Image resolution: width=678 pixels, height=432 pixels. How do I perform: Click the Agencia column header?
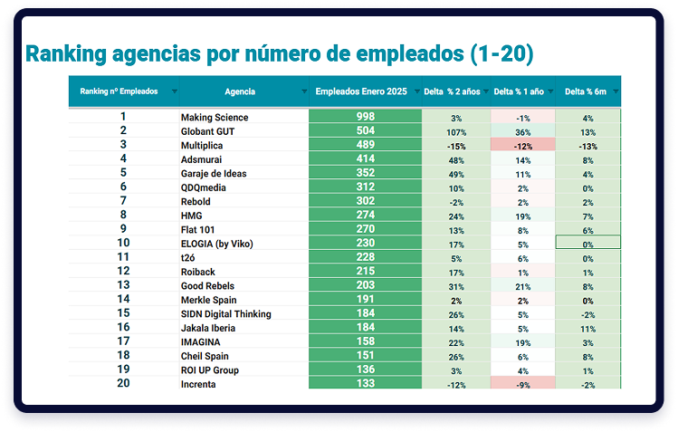[239, 91]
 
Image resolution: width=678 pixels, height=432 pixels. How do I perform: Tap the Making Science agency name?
[215, 118]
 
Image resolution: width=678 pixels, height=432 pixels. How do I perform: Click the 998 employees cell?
[365, 117]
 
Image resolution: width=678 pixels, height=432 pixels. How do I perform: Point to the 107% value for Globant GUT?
[456, 131]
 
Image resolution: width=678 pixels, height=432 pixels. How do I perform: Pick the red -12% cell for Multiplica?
[522, 146]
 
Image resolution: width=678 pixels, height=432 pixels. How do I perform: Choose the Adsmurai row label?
[203, 160]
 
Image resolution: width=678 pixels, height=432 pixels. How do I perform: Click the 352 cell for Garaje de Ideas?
[365, 174]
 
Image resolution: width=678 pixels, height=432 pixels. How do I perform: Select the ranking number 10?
[124, 243]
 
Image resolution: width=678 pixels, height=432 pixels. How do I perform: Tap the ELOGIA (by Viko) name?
[219, 244]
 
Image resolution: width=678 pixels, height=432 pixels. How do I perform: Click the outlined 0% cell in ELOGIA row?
[587, 244]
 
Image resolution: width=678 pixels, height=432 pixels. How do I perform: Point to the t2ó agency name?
[188, 257]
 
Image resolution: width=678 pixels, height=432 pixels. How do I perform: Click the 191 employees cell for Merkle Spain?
[365, 300]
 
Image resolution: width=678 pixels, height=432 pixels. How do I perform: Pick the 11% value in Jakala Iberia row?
[587, 328]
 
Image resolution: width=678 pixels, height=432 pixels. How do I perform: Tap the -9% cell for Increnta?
[522, 384]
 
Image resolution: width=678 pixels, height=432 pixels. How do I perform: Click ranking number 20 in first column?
[124, 384]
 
